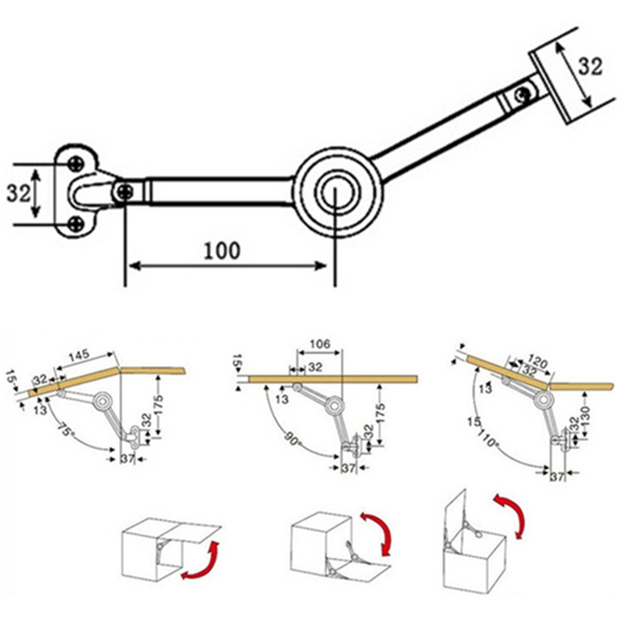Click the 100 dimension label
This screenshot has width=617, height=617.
222,251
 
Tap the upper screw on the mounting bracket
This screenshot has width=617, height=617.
76,164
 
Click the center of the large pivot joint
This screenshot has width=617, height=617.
335,192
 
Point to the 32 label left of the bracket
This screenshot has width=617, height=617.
19,193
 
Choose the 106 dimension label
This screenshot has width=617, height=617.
320,344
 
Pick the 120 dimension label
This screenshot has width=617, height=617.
537,361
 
